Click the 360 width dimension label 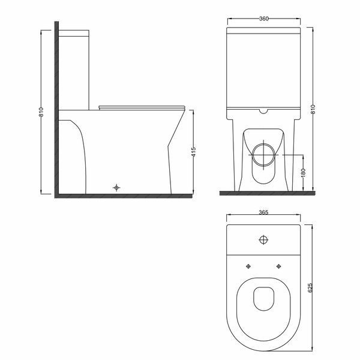click(264, 19)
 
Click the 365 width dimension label click(263, 212)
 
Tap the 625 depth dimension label click(310, 287)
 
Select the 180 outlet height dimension click(303, 173)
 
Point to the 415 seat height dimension click(194, 152)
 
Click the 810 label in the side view click(41, 112)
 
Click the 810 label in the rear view click(313, 109)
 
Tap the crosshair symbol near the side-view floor click(116, 188)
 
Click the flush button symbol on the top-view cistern click(263, 240)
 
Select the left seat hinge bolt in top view click(248, 266)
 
